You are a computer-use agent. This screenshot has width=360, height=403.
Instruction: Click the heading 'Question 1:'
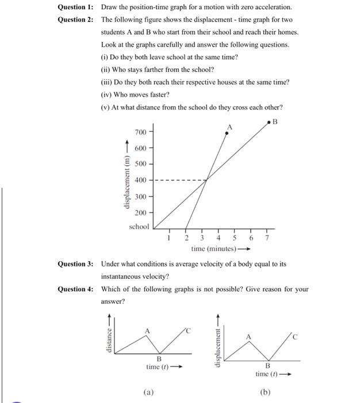[x=75, y=7]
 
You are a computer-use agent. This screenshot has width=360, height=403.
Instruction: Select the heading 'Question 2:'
[x=75, y=19]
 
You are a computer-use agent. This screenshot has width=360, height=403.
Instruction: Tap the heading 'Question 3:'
[x=75, y=264]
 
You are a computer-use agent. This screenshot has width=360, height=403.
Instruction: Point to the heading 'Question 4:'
[x=75, y=289]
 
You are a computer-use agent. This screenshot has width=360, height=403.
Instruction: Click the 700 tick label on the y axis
[x=140, y=132]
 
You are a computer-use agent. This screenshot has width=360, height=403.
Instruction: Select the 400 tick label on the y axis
[x=140, y=180]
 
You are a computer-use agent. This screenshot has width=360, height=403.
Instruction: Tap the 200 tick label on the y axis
[x=140, y=212]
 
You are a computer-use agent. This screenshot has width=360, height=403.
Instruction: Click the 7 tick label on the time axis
[x=267, y=238]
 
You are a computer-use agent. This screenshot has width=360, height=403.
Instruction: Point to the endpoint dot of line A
[x=227, y=133]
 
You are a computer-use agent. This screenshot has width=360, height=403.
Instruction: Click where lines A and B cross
[x=206, y=180]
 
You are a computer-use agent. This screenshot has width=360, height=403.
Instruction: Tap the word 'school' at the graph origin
[x=139, y=227]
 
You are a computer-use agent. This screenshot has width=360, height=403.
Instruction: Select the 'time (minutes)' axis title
[x=213, y=249]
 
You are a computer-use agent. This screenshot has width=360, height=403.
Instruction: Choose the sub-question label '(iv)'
[x=106, y=94]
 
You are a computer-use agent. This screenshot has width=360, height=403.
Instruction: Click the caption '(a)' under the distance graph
[x=149, y=393]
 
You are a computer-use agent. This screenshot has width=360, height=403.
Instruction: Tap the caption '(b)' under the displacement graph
[x=265, y=393]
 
